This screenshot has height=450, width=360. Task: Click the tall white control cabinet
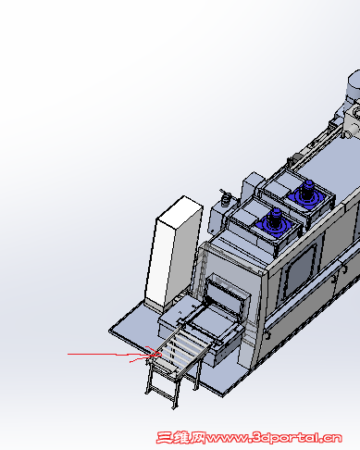point(173,252)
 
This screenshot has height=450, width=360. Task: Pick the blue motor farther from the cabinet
point(305,194)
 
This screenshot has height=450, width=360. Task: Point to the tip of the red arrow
point(161,355)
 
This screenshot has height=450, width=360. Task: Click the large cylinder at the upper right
point(354,84)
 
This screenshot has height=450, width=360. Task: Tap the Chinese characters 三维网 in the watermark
point(181,438)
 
